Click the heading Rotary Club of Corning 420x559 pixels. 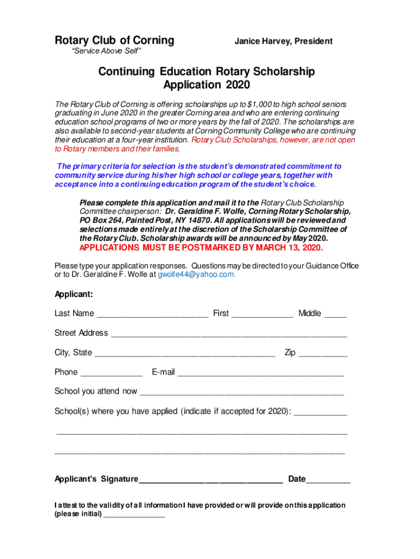(115, 40)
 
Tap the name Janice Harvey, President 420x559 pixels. (283, 41)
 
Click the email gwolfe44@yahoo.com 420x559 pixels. (196, 275)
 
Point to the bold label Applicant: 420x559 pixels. (74, 295)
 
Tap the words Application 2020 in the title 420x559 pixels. (206, 85)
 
